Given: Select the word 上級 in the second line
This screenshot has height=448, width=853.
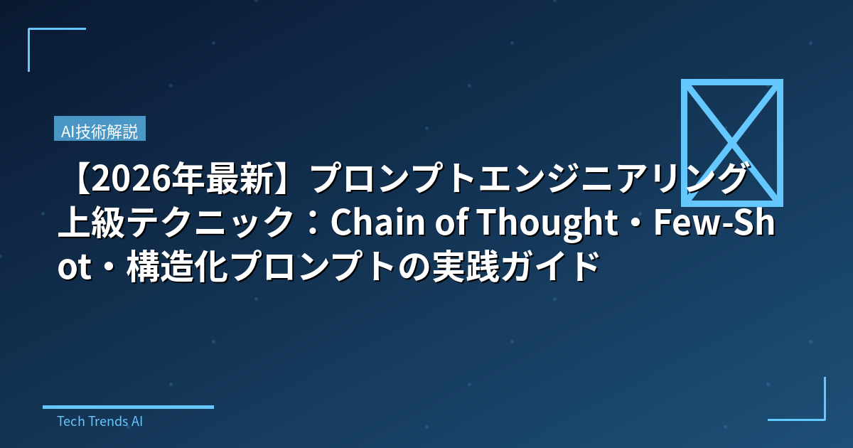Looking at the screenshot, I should coord(92,223).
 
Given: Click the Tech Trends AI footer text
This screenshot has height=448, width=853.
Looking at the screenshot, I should coord(100,421).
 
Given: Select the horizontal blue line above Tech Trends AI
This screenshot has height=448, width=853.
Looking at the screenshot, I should coord(128,407).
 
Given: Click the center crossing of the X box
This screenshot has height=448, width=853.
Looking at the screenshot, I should coord(732,142).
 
